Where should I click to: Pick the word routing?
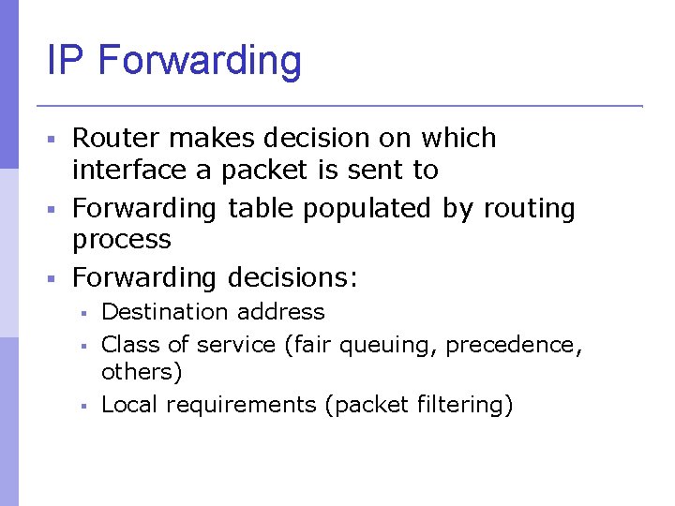(x=529, y=208)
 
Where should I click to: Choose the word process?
(x=122, y=241)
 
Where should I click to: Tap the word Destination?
(x=164, y=311)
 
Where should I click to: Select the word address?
(x=280, y=311)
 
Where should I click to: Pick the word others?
(x=142, y=371)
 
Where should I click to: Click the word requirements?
(x=240, y=406)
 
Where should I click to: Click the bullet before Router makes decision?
(x=53, y=139)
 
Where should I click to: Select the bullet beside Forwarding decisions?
(x=53, y=278)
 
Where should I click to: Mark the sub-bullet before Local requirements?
(x=83, y=406)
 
